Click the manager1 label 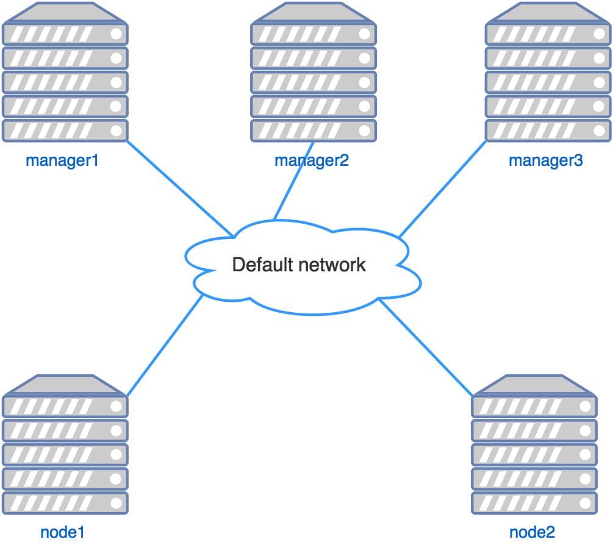pyautogui.click(x=62, y=161)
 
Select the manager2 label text pyautogui.click(x=312, y=161)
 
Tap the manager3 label pyautogui.click(x=546, y=161)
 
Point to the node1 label pyautogui.click(x=62, y=532)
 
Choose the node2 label pyautogui.click(x=532, y=532)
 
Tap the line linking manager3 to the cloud pyautogui.click(x=442, y=189)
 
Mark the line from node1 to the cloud pyautogui.click(x=165, y=344)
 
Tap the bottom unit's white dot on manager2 pyautogui.click(x=365, y=130)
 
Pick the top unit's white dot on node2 pyautogui.click(x=584, y=406)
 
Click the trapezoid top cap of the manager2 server pyautogui.click(x=313, y=13)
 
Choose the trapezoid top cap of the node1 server pyautogui.click(x=65, y=385)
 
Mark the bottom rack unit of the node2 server pyautogui.click(x=533, y=502)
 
